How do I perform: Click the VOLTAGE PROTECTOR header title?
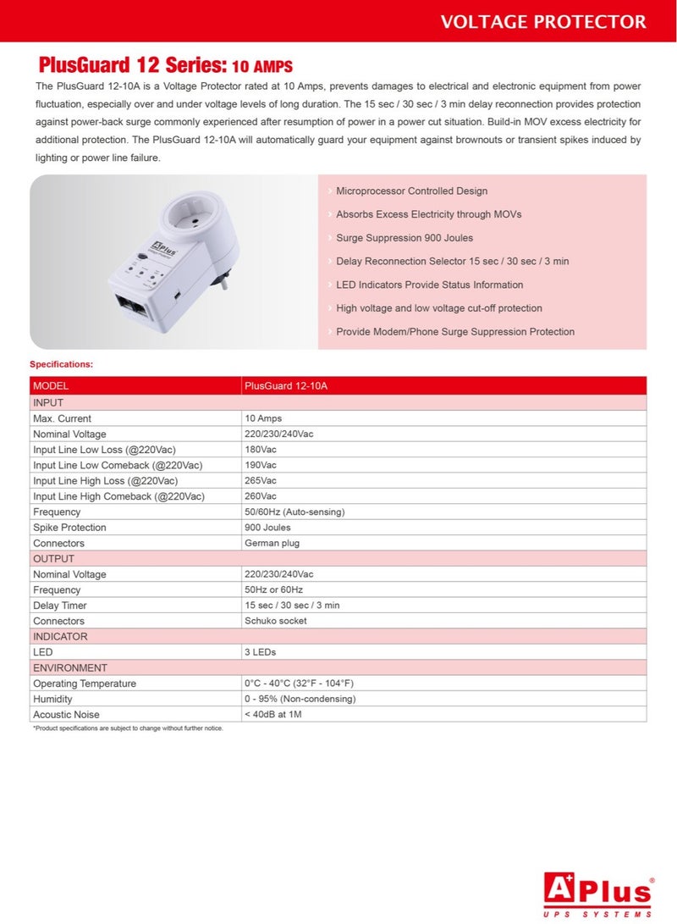pyautogui.click(x=542, y=21)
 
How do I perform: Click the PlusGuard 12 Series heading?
pyautogui.click(x=165, y=65)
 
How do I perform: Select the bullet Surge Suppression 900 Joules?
pyautogui.click(x=404, y=238)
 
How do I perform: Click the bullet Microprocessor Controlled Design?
pyautogui.click(x=411, y=191)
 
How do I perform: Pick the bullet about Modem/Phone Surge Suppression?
pyautogui.click(x=454, y=332)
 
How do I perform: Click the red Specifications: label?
pyautogui.click(x=62, y=364)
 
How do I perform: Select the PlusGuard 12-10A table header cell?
pyautogui.click(x=285, y=386)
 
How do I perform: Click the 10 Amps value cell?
pyautogui.click(x=263, y=418)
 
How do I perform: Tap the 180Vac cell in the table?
pyautogui.click(x=261, y=450)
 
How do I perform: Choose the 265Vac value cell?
pyautogui.click(x=261, y=481)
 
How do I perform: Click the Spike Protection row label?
pyautogui.click(x=69, y=528)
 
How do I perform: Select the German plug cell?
pyautogui.click(x=272, y=543)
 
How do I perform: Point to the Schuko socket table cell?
pyautogui.click(x=275, y=621)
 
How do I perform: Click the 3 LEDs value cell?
pyautogui.click(x=260, y=652)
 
